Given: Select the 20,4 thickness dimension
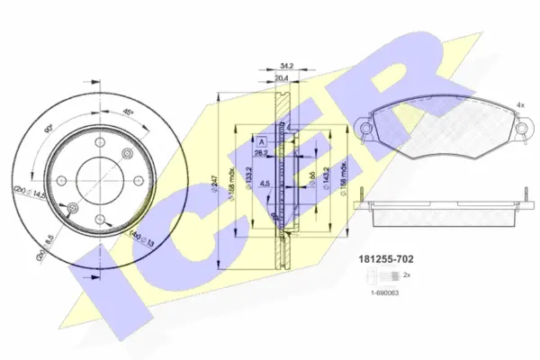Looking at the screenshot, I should tap(283, 78).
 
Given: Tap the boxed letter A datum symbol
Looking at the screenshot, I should tap(262, 143).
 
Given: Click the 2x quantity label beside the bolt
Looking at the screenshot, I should tap(408, 274).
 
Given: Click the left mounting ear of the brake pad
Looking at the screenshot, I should tap(364, 130).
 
